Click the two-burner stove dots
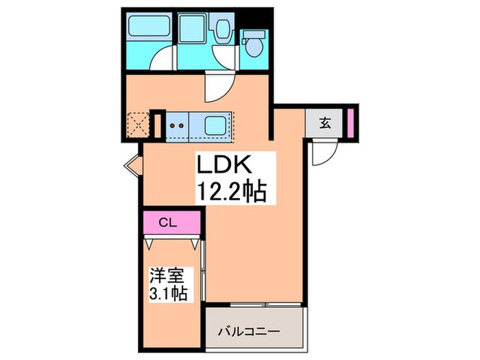(177, 125)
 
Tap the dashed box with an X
(139, 125)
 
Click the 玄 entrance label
(326, 124)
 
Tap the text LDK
(226, 166)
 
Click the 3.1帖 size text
(169, 293)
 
